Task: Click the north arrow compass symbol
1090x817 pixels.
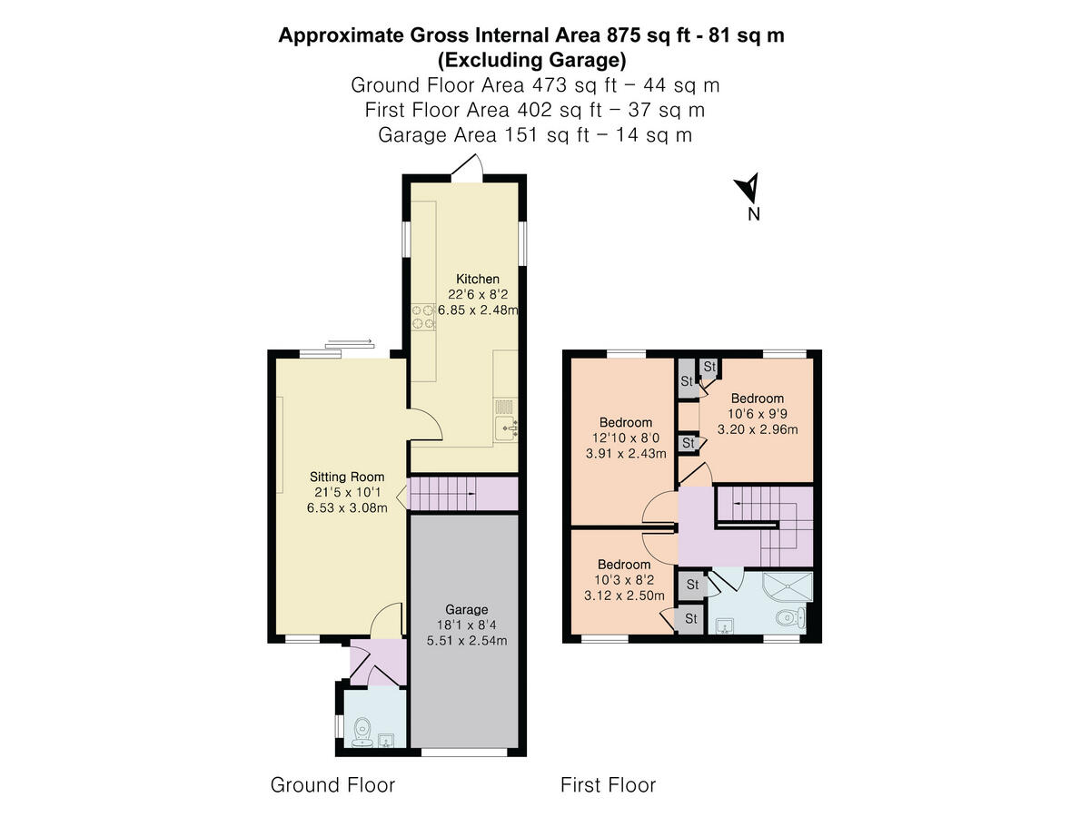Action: click(748, 190)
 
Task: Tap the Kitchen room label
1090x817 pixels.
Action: click(477, 279)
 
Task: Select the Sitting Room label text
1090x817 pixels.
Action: click(346, 477)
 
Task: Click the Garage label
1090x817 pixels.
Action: click(466, 609)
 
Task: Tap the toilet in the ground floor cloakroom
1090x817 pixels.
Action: click(362, 728)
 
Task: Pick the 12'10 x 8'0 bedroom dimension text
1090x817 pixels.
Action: click(626, 438)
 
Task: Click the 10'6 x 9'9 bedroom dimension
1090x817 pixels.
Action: click(757, 414)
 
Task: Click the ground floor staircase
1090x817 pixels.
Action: click(445, 496)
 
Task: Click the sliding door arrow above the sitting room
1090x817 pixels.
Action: click(349, 342)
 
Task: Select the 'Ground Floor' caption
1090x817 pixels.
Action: click(332, 784)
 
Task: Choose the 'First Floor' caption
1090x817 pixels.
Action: click(608, 784)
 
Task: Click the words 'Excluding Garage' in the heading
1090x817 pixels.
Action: click(531, 61)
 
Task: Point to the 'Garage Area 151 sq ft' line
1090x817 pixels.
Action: click(534, 134)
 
